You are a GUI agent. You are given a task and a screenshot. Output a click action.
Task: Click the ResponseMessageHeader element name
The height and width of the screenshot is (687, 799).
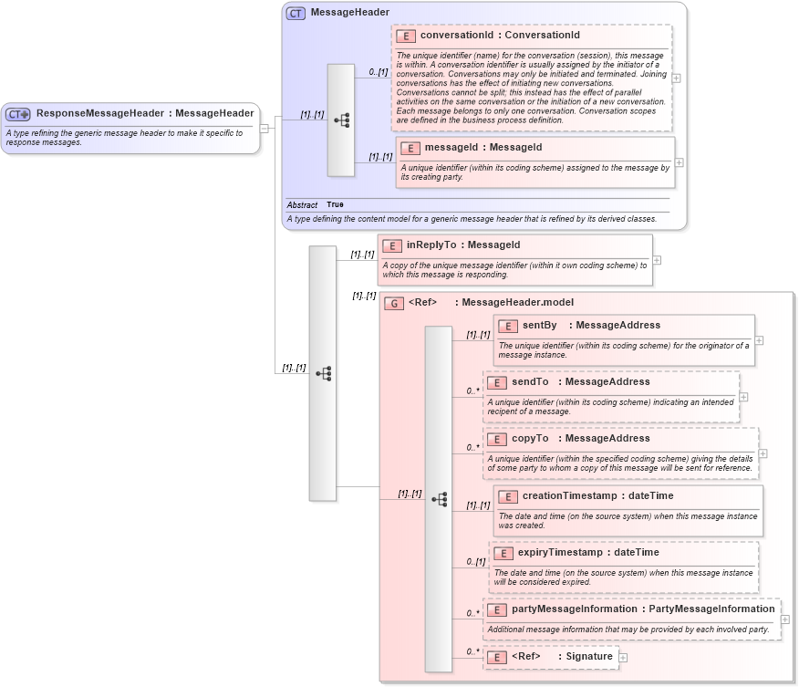(99, 113)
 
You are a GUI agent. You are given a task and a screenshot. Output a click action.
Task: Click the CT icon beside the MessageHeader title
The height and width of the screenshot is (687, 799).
(296, 13)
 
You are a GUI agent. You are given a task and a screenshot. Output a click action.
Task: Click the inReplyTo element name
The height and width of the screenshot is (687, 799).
(431, 245)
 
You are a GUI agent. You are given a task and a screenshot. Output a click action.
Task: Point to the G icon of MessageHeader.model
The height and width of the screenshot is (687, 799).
(394, 303)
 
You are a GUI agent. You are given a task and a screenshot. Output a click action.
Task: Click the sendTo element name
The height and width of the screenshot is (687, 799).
(530, 381)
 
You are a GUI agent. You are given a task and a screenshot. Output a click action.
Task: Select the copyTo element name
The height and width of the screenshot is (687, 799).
(530, 439)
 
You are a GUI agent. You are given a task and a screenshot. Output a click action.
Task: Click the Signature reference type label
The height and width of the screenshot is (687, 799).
(590, 656)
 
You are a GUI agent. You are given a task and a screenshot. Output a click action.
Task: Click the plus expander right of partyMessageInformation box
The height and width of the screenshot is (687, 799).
(785, 619)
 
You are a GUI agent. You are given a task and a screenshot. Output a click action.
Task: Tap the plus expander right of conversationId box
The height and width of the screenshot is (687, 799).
(676, 78)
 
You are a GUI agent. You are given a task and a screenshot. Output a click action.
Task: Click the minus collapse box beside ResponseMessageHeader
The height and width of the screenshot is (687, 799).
(265, 128)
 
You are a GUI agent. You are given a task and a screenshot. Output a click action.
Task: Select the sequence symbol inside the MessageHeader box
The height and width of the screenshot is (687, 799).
(341, 120)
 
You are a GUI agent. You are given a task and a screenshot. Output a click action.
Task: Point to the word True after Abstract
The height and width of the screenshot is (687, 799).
(335, 205)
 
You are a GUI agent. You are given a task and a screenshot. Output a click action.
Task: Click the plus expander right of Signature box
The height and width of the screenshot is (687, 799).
(623, 656)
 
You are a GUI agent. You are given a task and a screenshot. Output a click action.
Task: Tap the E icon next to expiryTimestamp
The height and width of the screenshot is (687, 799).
(503, 553)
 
